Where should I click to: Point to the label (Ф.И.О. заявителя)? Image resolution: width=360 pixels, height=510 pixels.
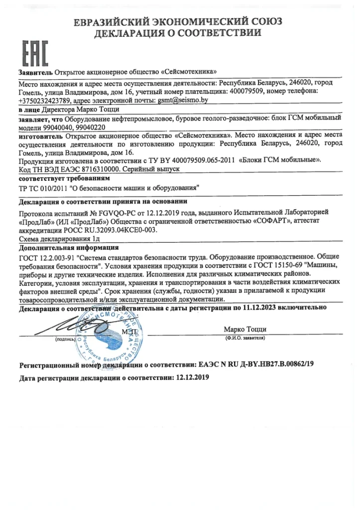pyautogui.click(x=245, y=338)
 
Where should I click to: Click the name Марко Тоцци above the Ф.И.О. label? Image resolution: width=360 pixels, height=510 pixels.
pyautogui.click(x=245, y=329)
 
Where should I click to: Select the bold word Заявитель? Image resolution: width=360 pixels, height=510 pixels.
pyautogui.click(x=35, y=72)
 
